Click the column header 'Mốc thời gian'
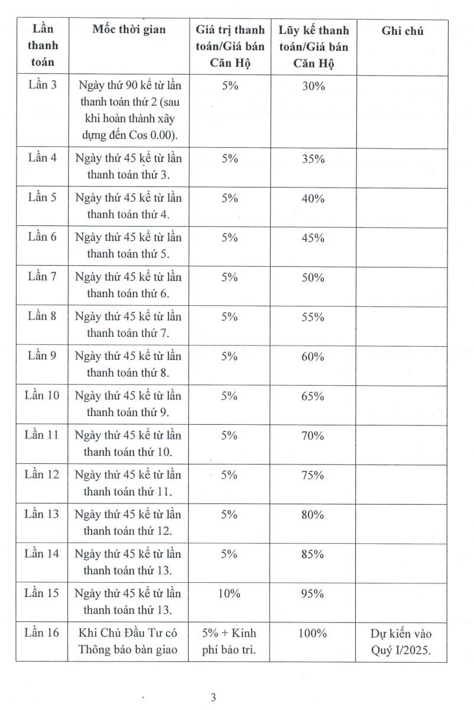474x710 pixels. [x=129, y=30]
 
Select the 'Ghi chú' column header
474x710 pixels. [x=402, y=31]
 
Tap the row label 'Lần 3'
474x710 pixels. [x=43, y=85]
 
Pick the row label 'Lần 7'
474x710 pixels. [x=43, y=277]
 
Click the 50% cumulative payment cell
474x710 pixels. [x=313, y=277]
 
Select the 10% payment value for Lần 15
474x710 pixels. [x=229, y=593]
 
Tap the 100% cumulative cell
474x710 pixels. [x=313, y=633]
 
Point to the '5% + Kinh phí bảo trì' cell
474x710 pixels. [x=229, y=641]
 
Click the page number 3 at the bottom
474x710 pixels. [x=213, y=697]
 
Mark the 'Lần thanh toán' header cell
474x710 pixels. [x=43, y=45]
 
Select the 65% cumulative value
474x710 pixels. [x=313, y=396]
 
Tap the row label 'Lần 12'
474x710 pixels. [x=42, y=475]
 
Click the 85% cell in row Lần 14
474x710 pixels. [x=313, y=554]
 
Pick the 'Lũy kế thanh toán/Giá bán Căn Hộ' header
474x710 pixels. [x=313, y=46]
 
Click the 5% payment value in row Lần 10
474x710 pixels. [x=229, y=396]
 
